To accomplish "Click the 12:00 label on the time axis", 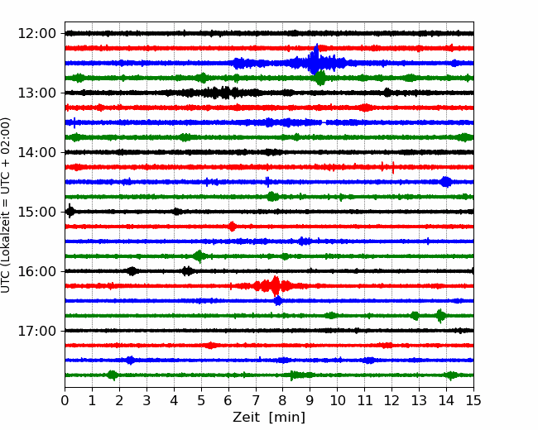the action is (36, 34).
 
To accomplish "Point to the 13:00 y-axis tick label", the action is (36, 93).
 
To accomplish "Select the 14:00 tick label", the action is (36, 152).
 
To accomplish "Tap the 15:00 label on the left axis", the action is (36, 212).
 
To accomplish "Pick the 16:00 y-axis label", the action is (36, 271).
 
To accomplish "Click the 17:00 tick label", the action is (36, 331).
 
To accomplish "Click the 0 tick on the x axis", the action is (65, 400).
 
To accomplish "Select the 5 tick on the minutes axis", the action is (201, 400).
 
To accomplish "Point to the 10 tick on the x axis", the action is (337, 400).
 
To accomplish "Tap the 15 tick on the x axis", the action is (473, 400).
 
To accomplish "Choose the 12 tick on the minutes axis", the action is (391, 400).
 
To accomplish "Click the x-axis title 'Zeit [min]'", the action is (269, 418).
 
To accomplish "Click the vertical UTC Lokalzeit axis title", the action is (6, 205).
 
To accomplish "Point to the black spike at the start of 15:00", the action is (70, 211).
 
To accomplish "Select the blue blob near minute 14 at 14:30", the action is (446, 182).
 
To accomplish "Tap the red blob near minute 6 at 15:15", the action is (233, 227).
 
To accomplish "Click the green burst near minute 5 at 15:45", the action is (199, 256).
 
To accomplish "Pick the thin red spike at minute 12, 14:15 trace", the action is (393, 167).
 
